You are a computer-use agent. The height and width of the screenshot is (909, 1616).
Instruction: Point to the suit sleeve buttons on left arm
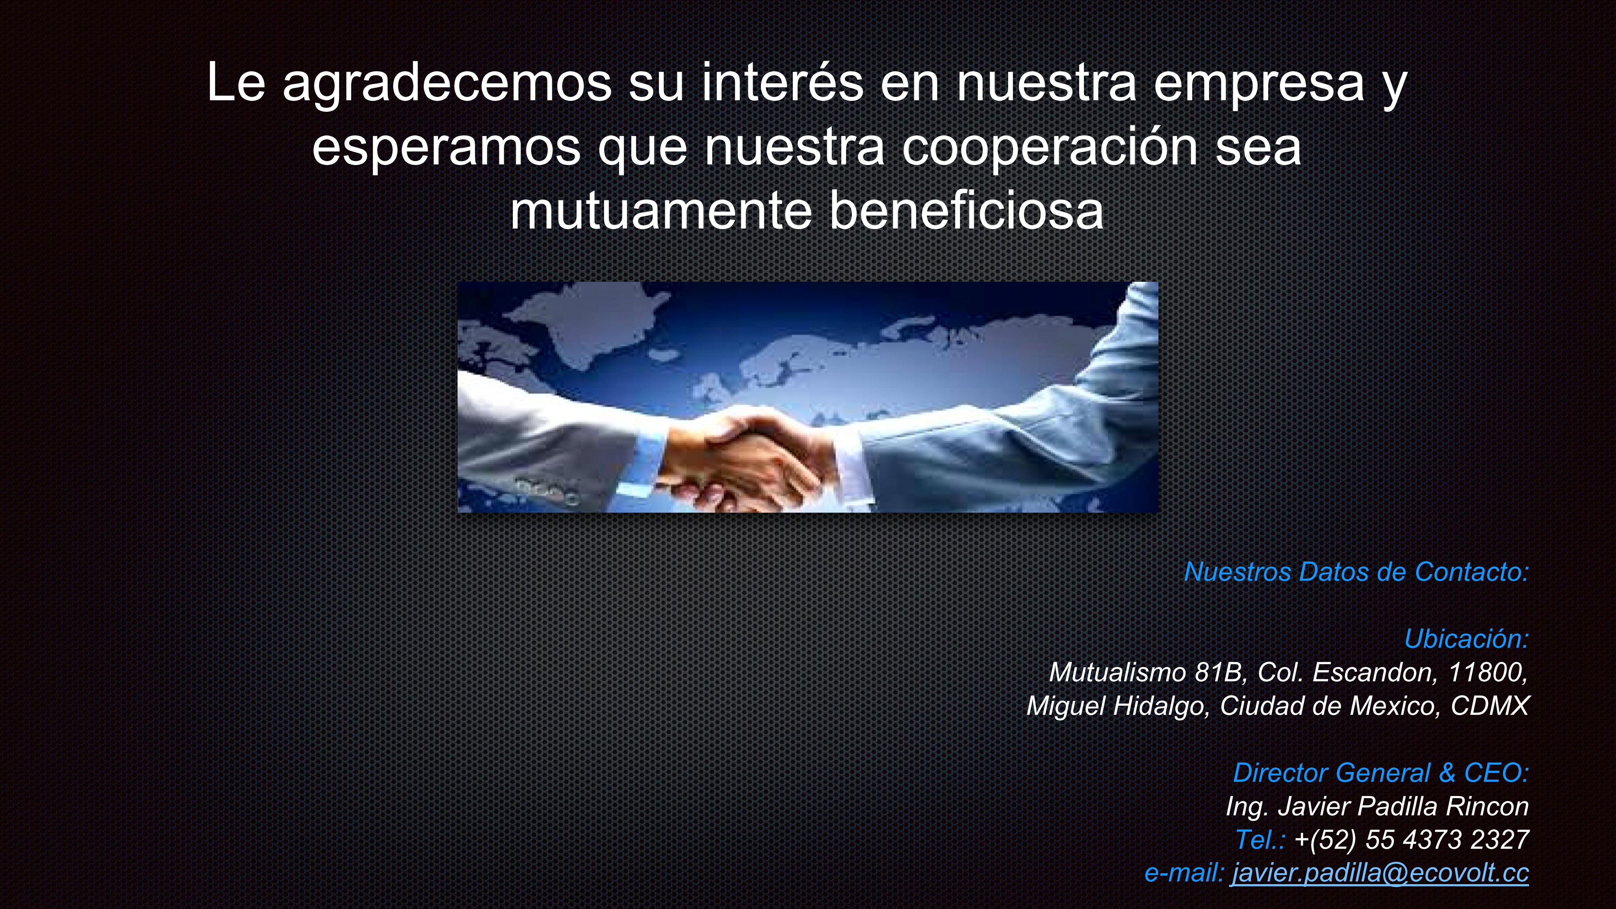coord(546,491)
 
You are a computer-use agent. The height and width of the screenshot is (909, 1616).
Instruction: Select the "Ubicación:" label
coord(1467,639)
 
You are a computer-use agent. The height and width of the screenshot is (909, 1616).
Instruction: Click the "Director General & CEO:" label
coord(1381,773)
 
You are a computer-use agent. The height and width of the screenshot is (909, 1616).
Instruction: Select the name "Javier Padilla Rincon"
coord(1403,806)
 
